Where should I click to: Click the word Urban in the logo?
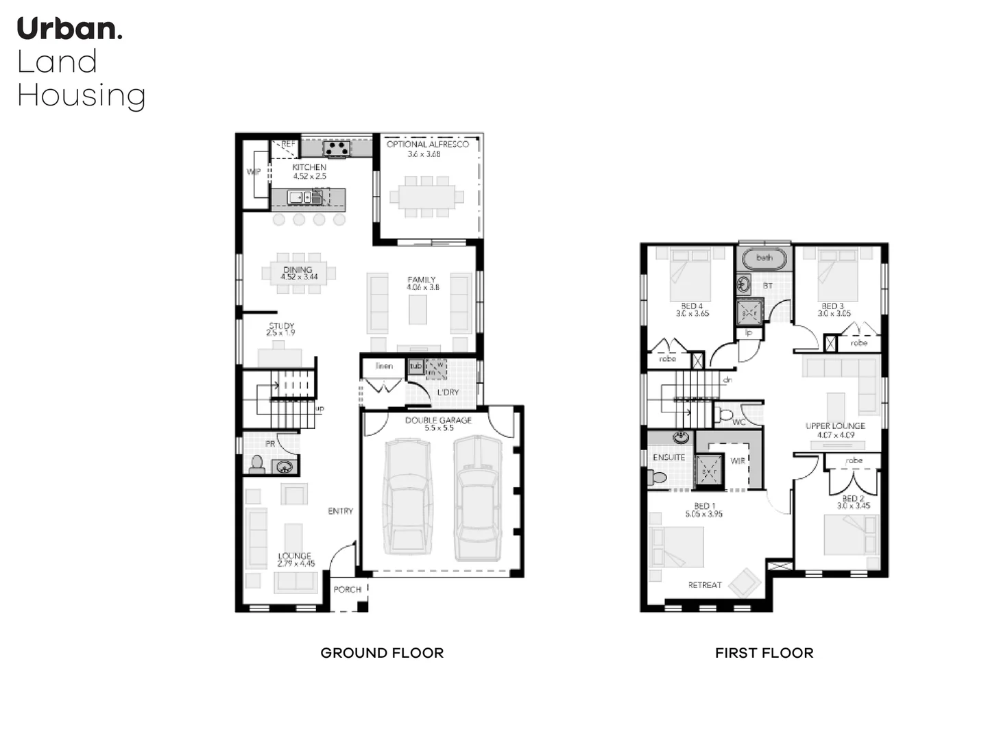click(69, 29)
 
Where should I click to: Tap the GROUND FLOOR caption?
click(382, 653)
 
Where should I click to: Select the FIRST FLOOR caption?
click(764, 653)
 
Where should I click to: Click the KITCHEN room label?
click(309, 167)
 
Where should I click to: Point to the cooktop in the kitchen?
click(337, 147)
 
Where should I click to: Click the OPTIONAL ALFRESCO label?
click(427, 145)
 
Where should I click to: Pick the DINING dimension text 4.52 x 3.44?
click(299, 277)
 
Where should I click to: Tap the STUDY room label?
click(281, 326)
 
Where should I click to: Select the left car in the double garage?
click(407, 496)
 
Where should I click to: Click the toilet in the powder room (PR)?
click(257, 465)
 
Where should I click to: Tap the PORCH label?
click(347, 589)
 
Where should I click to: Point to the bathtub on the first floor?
click(764, 258)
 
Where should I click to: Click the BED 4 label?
click(692, 306)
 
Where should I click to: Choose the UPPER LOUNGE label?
click(835, 425)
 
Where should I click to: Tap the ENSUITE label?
click(668, 457)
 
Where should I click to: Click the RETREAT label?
click(705, 585)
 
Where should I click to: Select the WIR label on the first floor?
click(738, 460)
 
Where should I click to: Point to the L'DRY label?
click(448, 393)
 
